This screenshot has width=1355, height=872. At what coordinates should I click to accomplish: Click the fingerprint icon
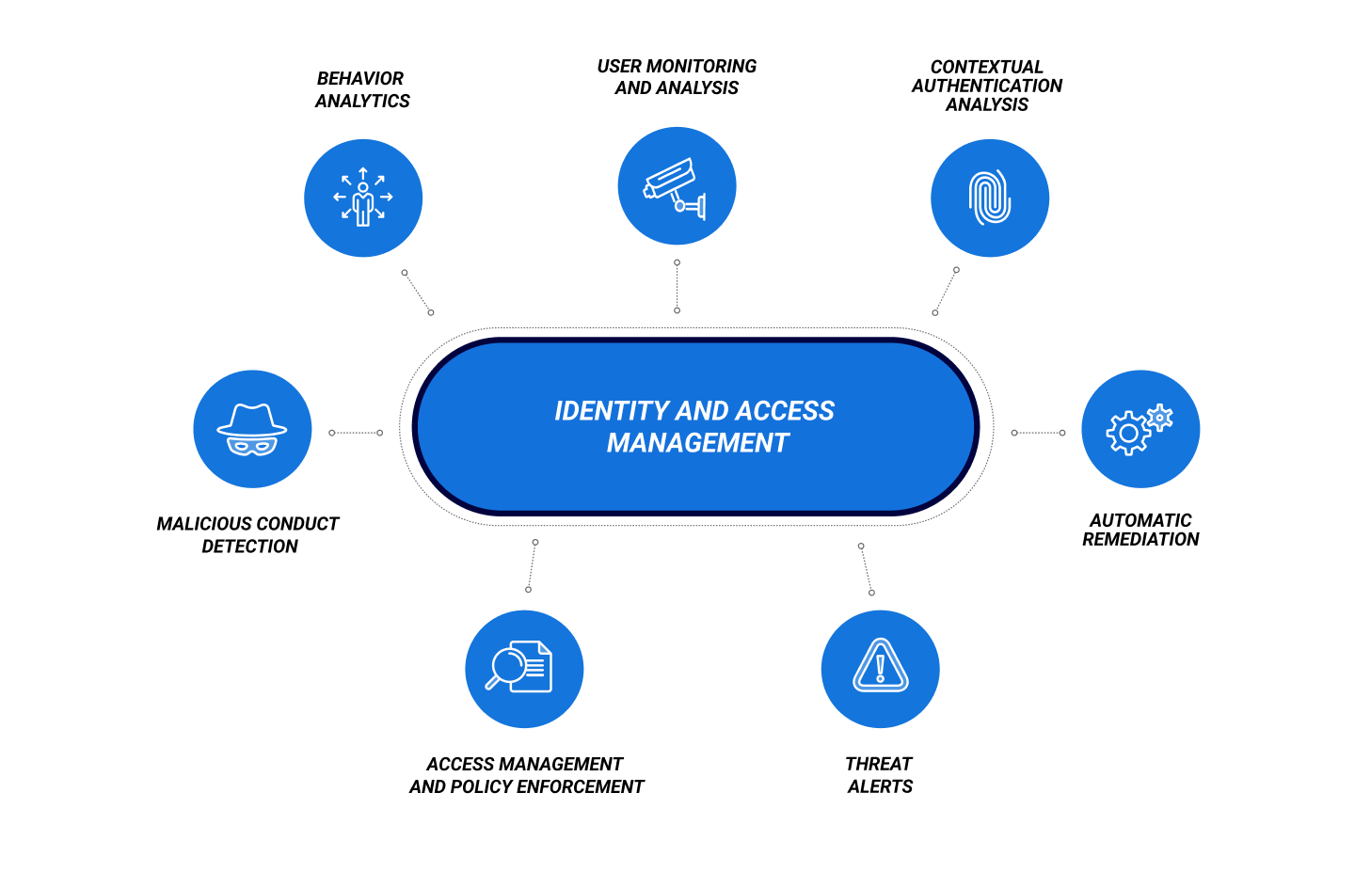[989, 198]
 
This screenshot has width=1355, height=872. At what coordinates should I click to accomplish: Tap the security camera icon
[676, 187]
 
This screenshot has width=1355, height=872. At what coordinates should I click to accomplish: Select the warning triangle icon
[880, 666]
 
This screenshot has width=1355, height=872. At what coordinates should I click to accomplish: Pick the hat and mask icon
[251, 429]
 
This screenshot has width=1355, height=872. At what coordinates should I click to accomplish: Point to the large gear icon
[1126, 434]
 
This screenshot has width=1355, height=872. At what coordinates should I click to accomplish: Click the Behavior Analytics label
[362, 89]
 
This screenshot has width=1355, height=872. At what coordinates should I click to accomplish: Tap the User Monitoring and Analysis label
[677, 77]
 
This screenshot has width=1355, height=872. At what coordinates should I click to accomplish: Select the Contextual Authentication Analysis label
[987, 86]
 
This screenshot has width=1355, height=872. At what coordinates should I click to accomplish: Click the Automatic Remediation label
[1140, 530]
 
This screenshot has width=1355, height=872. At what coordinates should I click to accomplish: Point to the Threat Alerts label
[880, 775]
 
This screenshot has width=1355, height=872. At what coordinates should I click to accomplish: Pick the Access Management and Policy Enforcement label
[526, 775]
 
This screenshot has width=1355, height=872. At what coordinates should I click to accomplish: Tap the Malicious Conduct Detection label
[248, 534]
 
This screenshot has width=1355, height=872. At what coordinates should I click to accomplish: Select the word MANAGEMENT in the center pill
[697, 443]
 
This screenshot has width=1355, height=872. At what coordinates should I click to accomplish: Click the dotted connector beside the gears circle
[1038, 433]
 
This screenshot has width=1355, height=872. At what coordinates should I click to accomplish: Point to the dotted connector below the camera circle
[677, 286]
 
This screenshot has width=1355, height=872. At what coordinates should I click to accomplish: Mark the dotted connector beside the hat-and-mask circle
[356, 433]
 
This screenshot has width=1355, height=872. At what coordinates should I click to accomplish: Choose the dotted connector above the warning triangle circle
[866, 569]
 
